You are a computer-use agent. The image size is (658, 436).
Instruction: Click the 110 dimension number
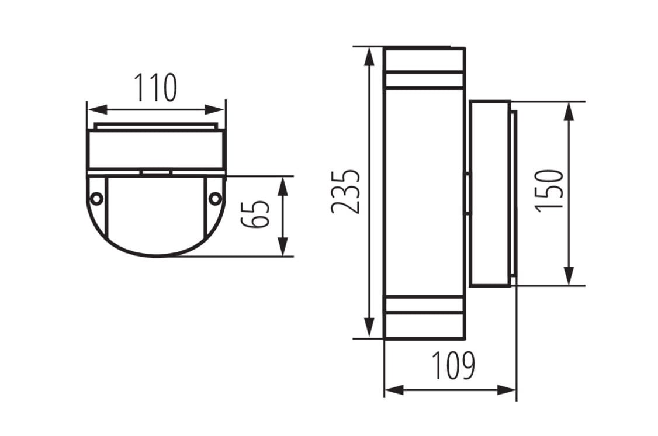pyautogui.click(x=155, y=87)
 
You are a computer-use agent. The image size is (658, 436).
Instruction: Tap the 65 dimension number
pyautogui.click(x=255, y=214)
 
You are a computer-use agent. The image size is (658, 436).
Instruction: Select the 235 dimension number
pyautogui.click(x=345, y=192)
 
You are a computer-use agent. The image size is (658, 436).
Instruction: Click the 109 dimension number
pyautogui.click(x=453, y=365)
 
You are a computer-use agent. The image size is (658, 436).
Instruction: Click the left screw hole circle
pyautogui.click(x=96, y=199)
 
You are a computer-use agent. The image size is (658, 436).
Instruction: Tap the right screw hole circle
pyautogui.click(x=215, y=198)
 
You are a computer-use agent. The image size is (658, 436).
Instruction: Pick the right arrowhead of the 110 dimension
pyautogui.click(x=215, y=110)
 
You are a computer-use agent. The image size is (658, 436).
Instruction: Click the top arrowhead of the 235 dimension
pyautogui.click(x=369, y=57)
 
